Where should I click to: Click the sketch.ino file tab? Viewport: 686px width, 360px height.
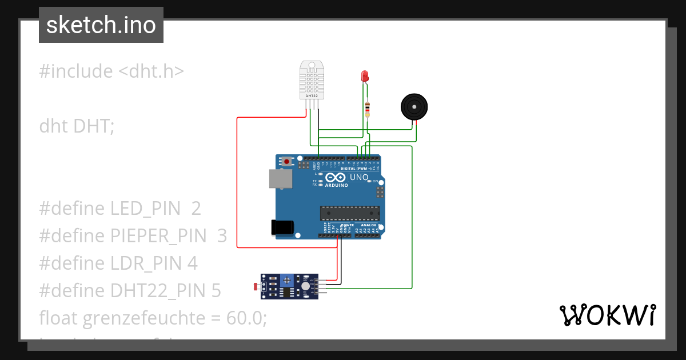[x=101, y=25]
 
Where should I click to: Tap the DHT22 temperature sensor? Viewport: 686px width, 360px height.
[x=311, y=80]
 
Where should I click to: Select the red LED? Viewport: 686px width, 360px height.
[x=365, y=76]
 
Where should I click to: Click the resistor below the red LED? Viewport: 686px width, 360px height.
[x=367, y=108]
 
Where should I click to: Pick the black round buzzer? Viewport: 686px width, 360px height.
[x=414, y=107]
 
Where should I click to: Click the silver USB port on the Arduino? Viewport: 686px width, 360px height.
[x=280, y=178]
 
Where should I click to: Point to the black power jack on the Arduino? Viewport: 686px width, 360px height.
[x=282, y=227]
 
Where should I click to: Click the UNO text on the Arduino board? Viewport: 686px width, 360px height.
[x=359, y=178]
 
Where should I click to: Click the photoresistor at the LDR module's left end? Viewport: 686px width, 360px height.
[x=256, y=286]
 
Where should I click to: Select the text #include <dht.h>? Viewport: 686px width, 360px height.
[x=111, y=71]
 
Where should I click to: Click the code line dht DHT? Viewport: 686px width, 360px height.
[x=77, y=126]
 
